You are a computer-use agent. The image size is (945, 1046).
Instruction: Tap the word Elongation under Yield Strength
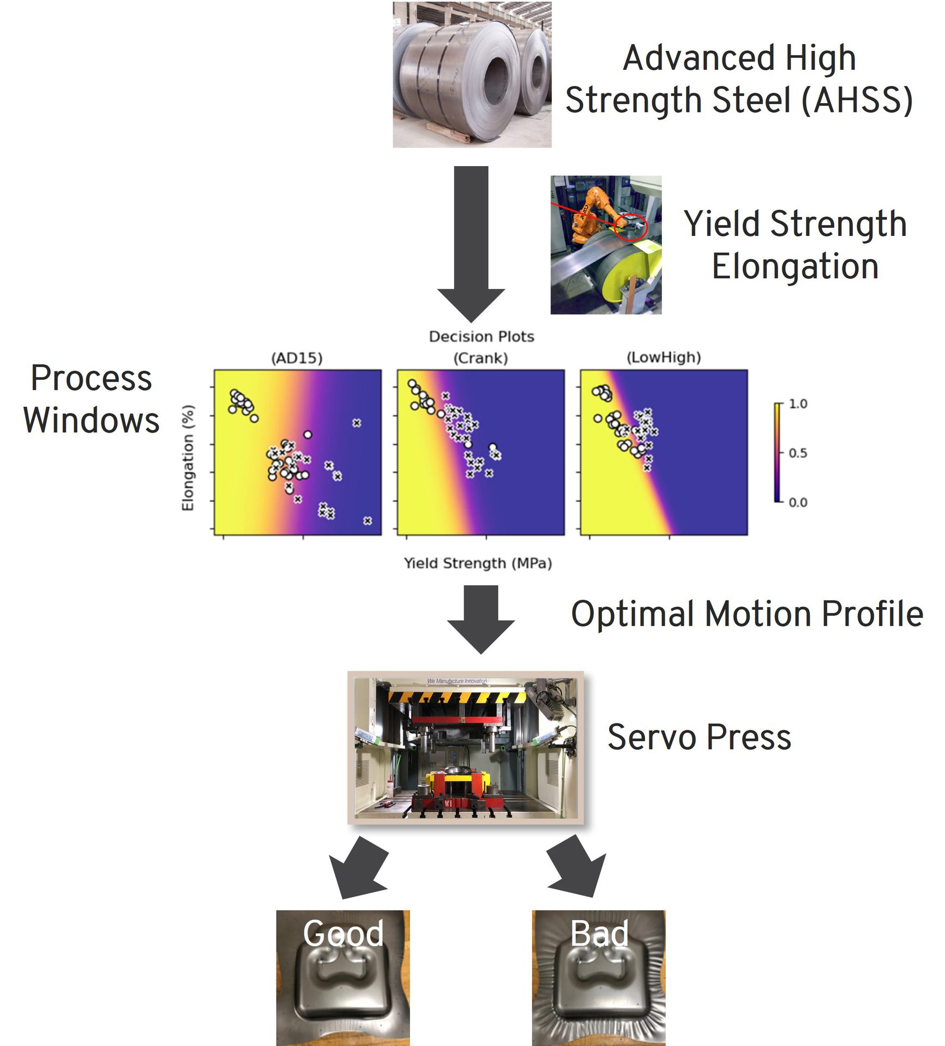coord(795,266)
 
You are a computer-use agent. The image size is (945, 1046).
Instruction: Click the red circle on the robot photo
coord(630,227)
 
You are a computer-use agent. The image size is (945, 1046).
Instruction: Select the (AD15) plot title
coord(297,358)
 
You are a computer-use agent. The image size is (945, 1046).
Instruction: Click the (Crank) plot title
coord(480,358)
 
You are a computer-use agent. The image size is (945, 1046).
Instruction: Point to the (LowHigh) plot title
coord(664,357)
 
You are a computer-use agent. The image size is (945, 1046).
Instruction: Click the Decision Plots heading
coord(481,337)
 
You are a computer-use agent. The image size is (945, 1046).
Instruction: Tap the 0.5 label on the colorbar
coord(798,453)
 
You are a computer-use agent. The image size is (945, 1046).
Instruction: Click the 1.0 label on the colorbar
coord(798,404)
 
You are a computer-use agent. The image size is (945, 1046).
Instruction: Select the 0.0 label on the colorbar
coord(798,502)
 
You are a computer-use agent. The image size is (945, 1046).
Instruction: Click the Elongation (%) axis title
coord(188,458)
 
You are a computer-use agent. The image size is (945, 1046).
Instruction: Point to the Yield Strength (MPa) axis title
coord(478,563)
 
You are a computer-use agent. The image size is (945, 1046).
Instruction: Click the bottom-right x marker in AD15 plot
coord(368,521)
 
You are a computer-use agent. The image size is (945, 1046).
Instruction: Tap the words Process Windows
coord(91,399)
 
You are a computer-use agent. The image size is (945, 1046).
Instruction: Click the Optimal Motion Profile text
coord(747,615)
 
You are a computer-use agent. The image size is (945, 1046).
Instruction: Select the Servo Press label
coord(699,737)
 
